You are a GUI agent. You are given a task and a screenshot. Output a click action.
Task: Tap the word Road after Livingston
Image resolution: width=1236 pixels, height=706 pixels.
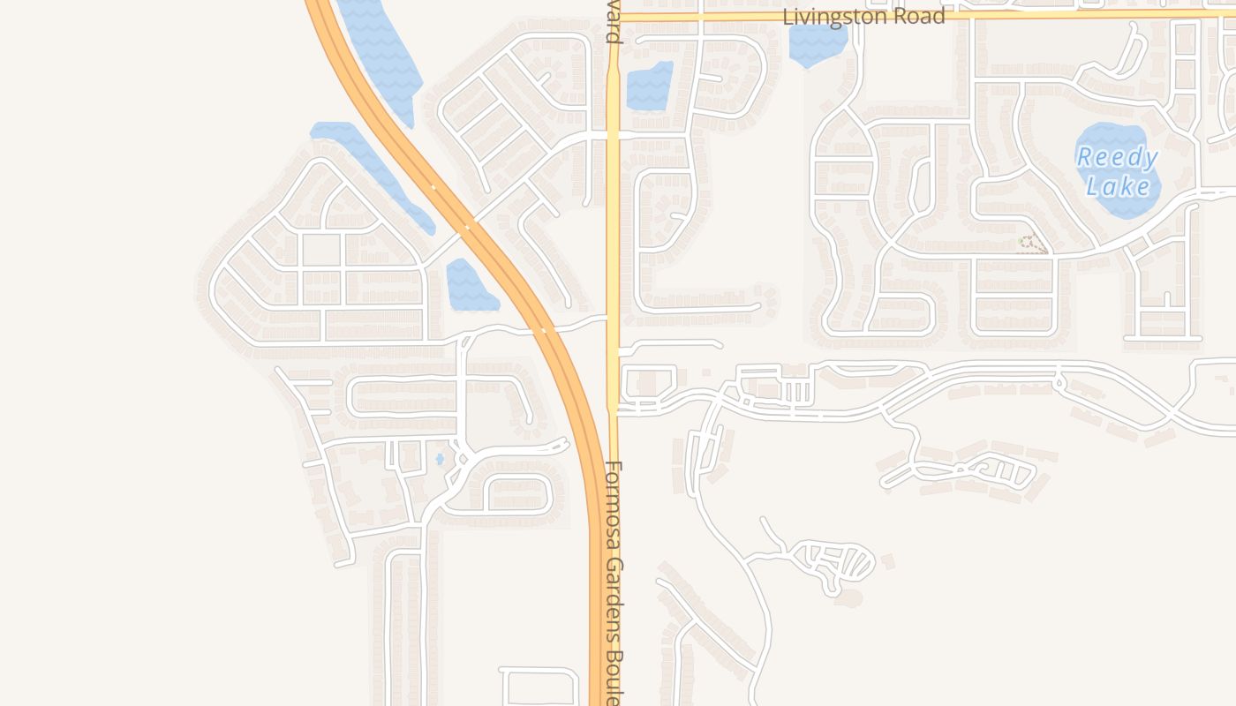[x=917, y=17]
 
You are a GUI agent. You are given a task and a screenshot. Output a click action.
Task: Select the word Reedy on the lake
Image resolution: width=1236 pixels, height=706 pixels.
[x=1117, y=159]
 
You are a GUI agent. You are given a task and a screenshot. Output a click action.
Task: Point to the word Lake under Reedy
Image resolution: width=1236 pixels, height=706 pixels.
[x=1118, y=186]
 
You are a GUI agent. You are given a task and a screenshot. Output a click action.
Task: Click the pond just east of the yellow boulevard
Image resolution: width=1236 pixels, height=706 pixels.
[x=650, y=86]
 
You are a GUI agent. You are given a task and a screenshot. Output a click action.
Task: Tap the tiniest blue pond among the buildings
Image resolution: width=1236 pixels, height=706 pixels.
[x=440, y=459]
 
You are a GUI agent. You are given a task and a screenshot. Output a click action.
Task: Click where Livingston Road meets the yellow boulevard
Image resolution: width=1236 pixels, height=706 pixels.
[x=613, y=16]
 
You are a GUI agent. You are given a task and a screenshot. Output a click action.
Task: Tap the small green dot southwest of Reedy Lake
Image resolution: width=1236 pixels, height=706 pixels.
[x=1021, y=240]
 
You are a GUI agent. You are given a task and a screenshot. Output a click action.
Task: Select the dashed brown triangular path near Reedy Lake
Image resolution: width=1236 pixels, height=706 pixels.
[x=1033, y=244]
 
